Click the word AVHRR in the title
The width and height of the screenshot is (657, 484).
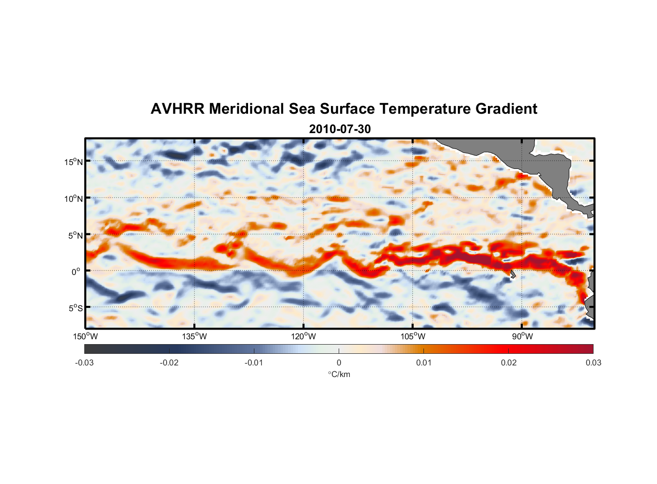pyautogui.click(x=177, y=109)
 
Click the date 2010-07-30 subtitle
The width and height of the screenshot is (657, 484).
pyautogui.click(x=340, y=129)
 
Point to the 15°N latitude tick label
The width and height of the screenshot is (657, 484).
pyautogui.click(x=74, y=162)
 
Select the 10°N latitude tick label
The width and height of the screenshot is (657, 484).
pyautogui.click(x=74, y=198)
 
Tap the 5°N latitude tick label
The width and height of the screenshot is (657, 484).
pyautogui.click(x=76, y=235)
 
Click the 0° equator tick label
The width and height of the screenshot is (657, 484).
pyautogui.click(x=76, y=272)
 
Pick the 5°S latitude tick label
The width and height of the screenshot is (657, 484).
pyautogui.click(x=76, y=308)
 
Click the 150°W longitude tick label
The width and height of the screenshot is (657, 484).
pyautogui.click(x=86, y=336)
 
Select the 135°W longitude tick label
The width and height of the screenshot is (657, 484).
pyautogui.click(x=195, y=336)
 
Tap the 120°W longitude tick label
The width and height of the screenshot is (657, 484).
pyautogui.click(x=304, y=336)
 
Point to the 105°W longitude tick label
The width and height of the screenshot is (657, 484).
pyautogui.click(x=413, y=336)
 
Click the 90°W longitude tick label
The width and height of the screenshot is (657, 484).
pyautogui.click(x=522, y=336)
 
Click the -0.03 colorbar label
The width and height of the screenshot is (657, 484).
pyautogui.click(x=84, y=363)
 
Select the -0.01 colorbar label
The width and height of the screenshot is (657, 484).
pyautogui.click(x=254, y=363)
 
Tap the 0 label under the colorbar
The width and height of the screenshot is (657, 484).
pyautogui.click(x=339, y=363)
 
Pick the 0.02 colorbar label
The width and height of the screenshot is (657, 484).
pyautogui.click(x=509, y=363)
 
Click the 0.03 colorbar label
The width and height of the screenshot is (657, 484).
pyautogui.click(x=593, y=363)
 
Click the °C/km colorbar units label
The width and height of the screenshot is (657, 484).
pyautogui.click(x=339, y=375)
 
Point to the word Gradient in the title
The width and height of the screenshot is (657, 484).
pyautogui.click(x=506, y=109)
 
